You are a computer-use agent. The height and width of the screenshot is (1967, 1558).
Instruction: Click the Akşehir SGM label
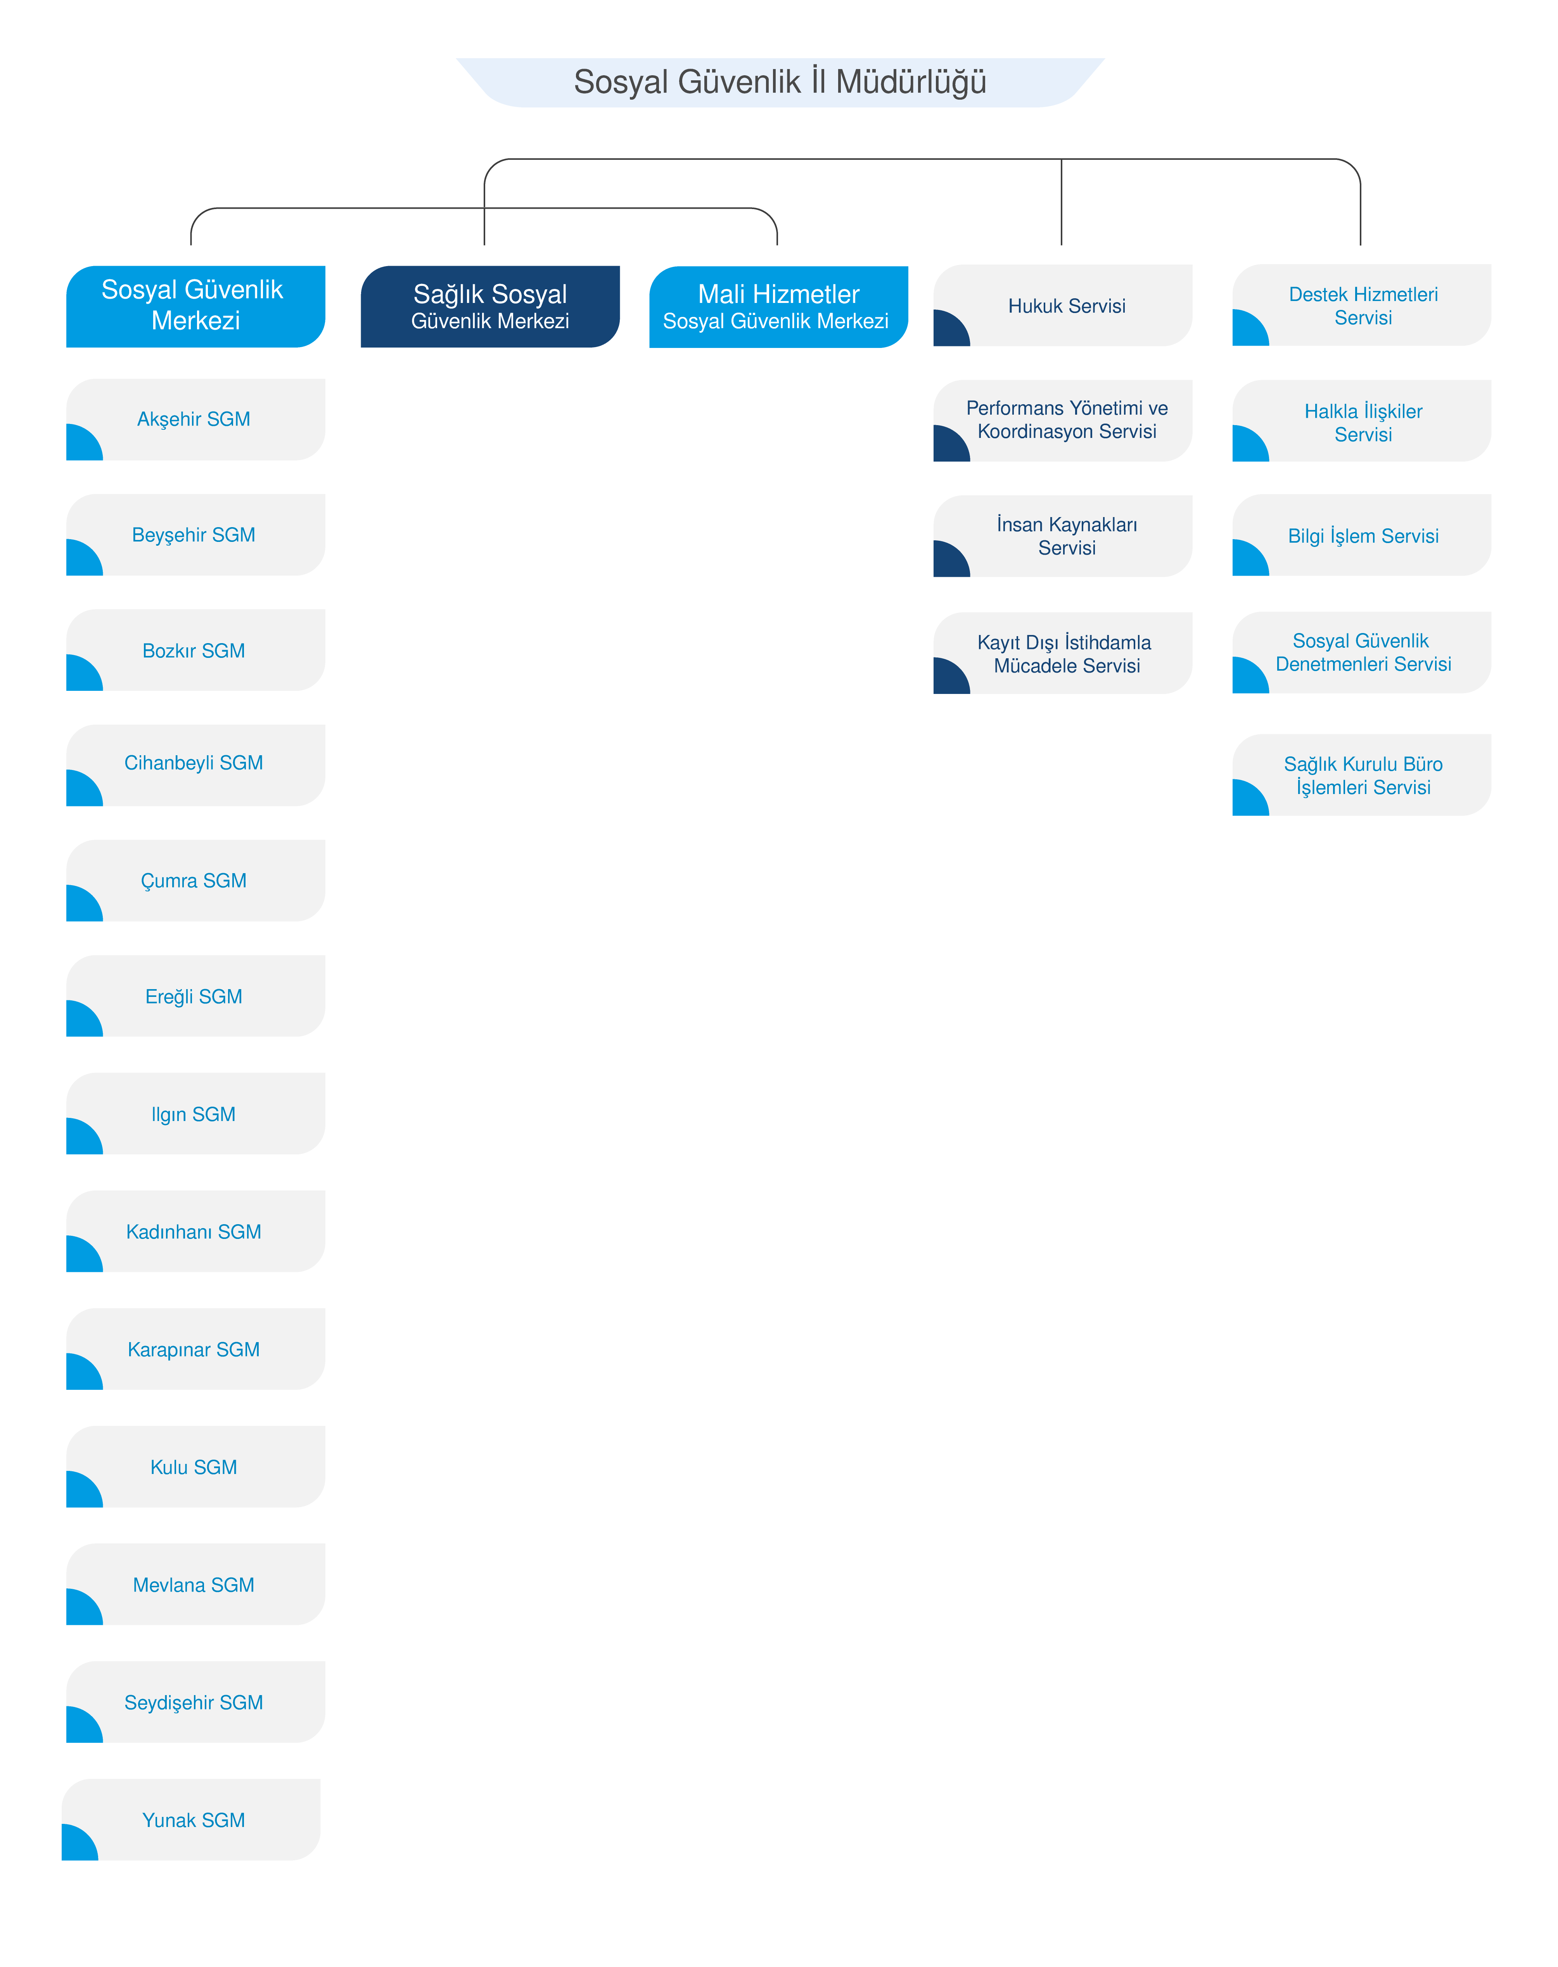194,420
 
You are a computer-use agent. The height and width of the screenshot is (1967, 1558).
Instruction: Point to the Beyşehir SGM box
195,535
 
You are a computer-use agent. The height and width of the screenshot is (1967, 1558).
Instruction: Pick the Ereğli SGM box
195,996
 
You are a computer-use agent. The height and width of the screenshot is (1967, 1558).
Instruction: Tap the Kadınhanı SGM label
194,1232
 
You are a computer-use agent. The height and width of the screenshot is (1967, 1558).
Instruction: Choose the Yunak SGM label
194,1820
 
